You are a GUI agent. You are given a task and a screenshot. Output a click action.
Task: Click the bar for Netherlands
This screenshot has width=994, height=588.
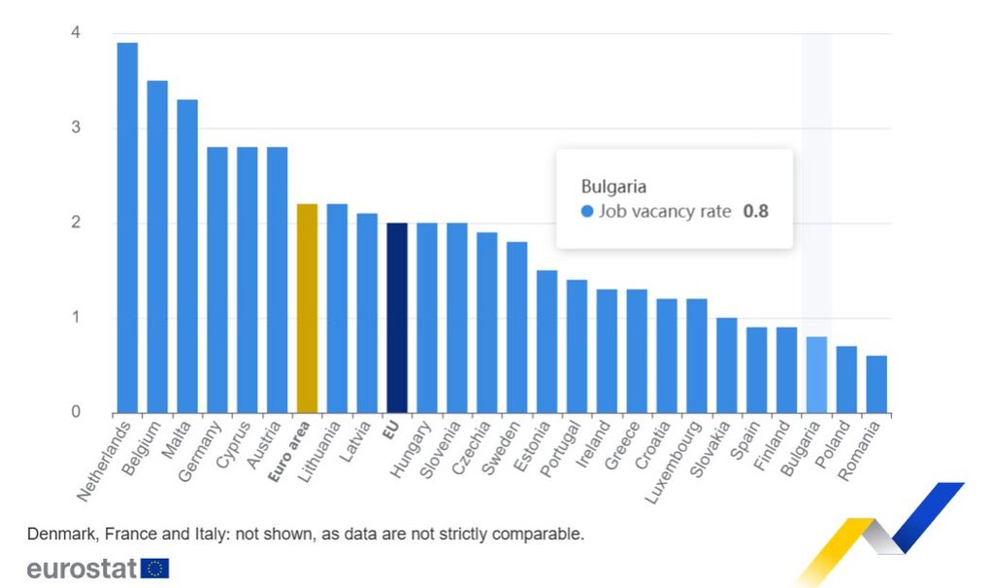(x=127, y=228)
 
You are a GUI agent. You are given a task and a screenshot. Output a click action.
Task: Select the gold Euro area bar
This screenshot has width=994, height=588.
(x=307, y=309)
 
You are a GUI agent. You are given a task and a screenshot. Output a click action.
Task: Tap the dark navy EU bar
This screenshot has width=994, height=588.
(x=397, y=318)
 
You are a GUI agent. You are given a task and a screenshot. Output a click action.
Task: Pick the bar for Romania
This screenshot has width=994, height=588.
(x=877, y=384)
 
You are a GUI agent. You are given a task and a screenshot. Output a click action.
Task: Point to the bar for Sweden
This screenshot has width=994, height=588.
(x=517, y=328)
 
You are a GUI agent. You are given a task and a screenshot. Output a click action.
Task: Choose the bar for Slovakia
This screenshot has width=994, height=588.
(x=726, y=365)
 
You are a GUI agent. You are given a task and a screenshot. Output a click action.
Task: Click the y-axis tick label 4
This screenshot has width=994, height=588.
(x=75, y=33)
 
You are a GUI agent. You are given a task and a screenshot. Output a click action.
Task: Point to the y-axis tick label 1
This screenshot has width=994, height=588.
(x=75, y=318)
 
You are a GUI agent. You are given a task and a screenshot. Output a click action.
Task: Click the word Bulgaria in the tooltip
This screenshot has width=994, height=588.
(x=613, y=186)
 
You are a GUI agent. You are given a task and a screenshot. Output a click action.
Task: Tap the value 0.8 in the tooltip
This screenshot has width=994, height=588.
(x=755, y=211)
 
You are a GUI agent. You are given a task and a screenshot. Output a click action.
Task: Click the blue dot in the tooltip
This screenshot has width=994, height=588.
(x=586, y=212)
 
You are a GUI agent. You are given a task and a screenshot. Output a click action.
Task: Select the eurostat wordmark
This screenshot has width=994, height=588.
(x=83, y=568)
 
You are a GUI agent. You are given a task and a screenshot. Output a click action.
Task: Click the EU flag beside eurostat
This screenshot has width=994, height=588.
(x=155, y=568)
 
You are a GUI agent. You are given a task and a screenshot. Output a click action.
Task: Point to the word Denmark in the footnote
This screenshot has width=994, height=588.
(x=58, y=534)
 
